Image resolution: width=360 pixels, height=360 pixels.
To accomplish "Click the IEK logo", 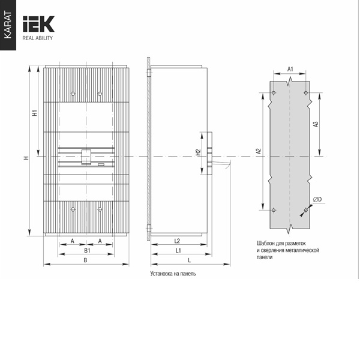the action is tap(38, 24).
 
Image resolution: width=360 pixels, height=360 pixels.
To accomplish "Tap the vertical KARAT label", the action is tap(8, 25).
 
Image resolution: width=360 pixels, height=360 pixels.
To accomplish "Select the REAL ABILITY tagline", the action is tap(37, 38).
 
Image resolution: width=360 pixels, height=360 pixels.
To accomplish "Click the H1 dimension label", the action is tap(35, 113).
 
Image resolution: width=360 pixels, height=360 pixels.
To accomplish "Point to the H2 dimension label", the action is tap(199, 152).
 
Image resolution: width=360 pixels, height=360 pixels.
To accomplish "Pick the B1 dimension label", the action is tap(87, 250).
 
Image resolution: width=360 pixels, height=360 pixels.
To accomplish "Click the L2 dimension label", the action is tap(177, 241).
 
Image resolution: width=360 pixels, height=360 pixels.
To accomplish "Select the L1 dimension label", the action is tap(178, 250).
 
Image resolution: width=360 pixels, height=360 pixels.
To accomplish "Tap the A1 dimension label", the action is tap(290, 69).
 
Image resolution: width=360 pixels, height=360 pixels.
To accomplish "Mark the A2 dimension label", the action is tap(259, 151).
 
